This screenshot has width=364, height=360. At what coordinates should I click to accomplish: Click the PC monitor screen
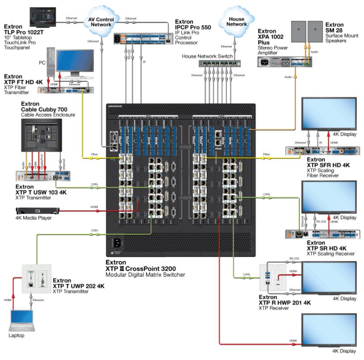(x=75, y=62)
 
